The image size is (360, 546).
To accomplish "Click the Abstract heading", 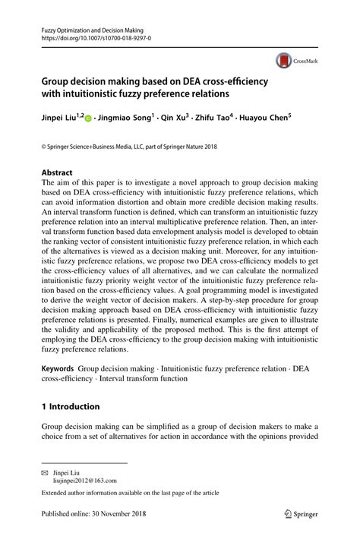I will tap(57, 172).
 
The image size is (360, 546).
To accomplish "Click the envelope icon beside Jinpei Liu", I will tap(45, 472).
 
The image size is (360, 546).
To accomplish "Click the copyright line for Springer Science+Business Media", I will tap(129, 145).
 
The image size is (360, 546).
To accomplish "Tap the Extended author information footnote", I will tap(130, 493).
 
